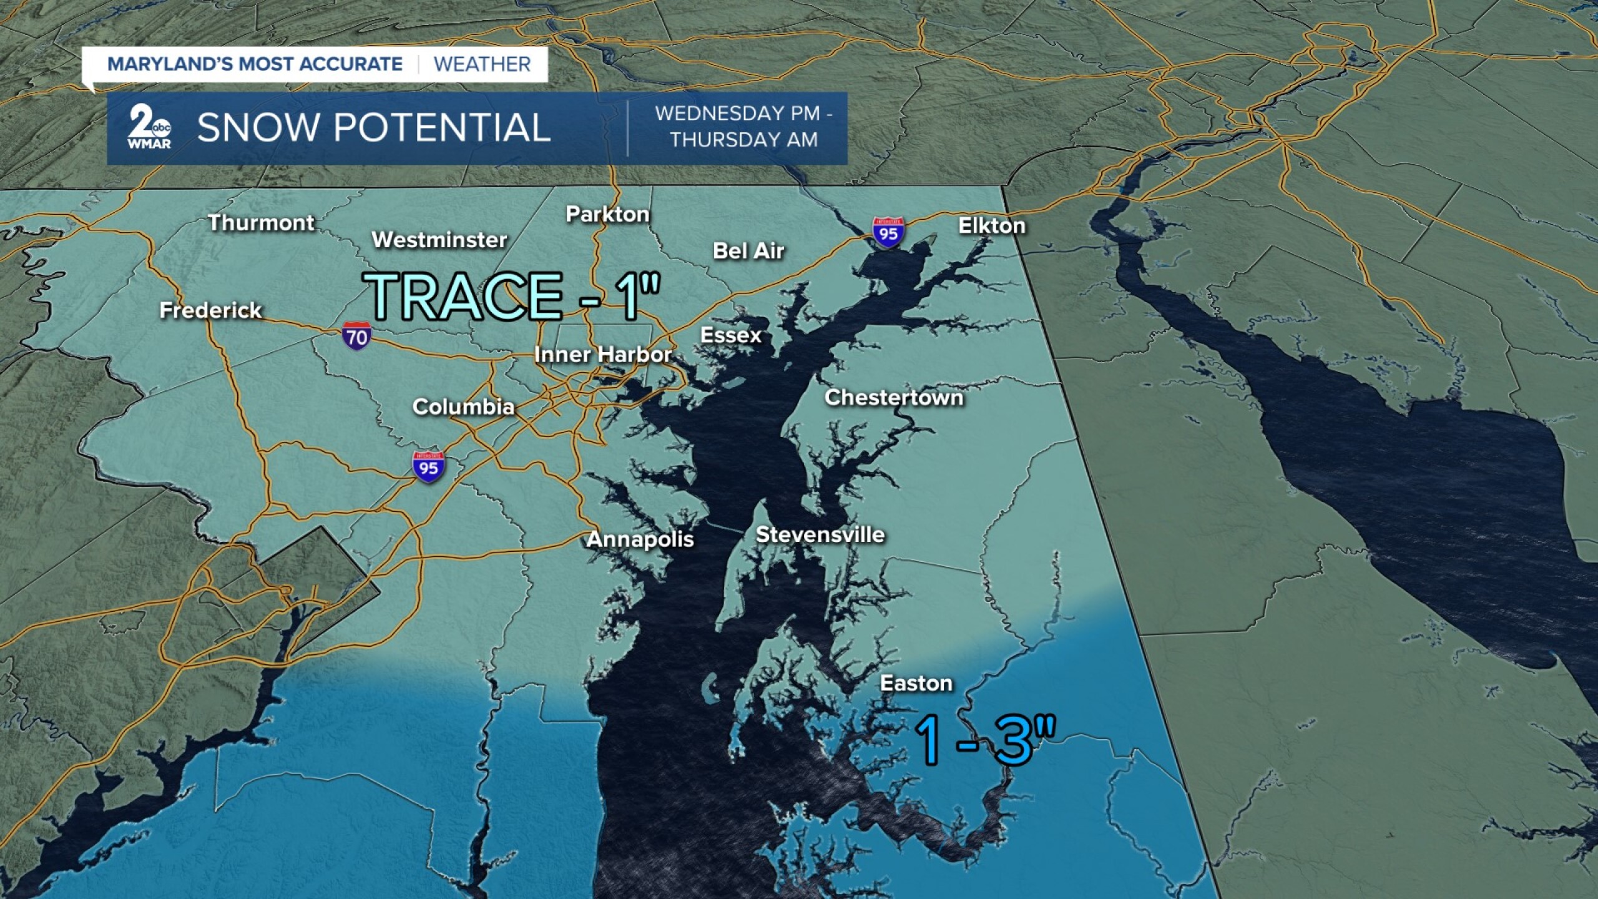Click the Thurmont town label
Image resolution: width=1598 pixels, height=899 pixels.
tap(261, 223)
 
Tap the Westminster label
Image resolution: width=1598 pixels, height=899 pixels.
tap(439, 240)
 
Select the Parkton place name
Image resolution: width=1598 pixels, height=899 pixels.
tap(607, 214)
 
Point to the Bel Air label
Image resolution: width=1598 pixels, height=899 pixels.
tap(748, 251)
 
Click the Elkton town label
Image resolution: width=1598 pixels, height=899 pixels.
tap(991, 225)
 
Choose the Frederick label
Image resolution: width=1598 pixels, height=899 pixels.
tap(210, 310)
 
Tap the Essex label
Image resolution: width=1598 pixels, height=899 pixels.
tap(730, 335)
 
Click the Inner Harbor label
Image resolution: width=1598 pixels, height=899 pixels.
tap(602, 355)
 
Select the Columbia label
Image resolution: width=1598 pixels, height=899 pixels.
tap(463, 407)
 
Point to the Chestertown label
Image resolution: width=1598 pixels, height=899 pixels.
tap(893, 398)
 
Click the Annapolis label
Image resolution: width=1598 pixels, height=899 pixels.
tap(640, 539)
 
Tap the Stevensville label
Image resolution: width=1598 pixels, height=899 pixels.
tap(820, 534)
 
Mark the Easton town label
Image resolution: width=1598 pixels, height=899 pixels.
tap(916, 683)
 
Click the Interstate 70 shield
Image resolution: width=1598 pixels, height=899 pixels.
tap(356, 337)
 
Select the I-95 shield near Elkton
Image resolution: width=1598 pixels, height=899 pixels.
tap(888, 232)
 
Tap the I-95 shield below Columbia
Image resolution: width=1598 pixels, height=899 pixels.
tap(428, 466)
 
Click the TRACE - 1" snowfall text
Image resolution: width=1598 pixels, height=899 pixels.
tap(512, 296)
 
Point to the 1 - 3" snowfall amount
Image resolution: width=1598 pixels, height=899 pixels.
tap(984, 740)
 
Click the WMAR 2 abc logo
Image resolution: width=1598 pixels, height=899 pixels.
tap(149, 128)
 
